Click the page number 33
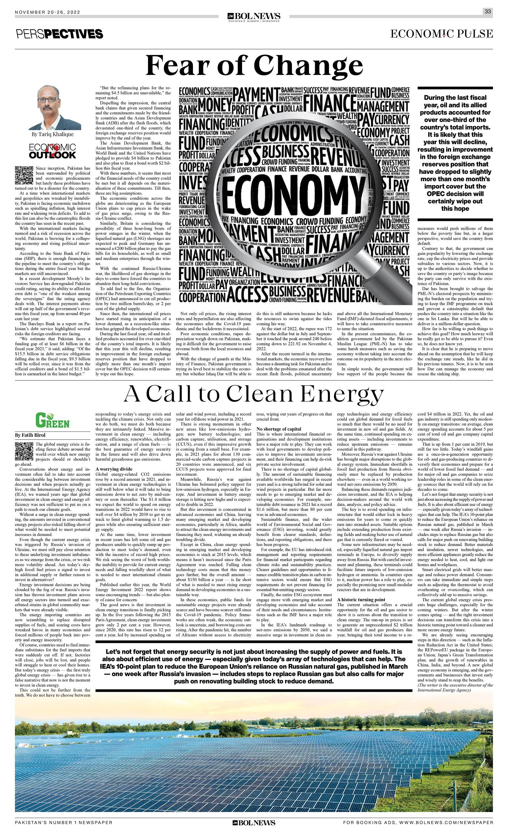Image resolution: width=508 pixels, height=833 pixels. (x=487, y=11)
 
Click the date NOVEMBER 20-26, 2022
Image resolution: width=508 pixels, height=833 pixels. (x=47, y=12)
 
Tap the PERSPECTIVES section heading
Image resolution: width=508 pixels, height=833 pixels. (x=59, y=34)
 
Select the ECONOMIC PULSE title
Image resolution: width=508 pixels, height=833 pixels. (x=441, y=34)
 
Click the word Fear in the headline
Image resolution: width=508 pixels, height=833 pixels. (x=176, y=66)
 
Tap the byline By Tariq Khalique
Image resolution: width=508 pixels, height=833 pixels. (x=52, y=134)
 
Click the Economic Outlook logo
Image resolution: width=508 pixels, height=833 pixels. (x=52, y=151)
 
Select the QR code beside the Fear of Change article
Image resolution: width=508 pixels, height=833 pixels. (x=24, y=175)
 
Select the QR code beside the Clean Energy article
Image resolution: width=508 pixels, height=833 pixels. (x=24, y=451)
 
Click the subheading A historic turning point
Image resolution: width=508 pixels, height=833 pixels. (x=361, y=600)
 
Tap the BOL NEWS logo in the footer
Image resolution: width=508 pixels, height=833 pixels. (x=254, y=822)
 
